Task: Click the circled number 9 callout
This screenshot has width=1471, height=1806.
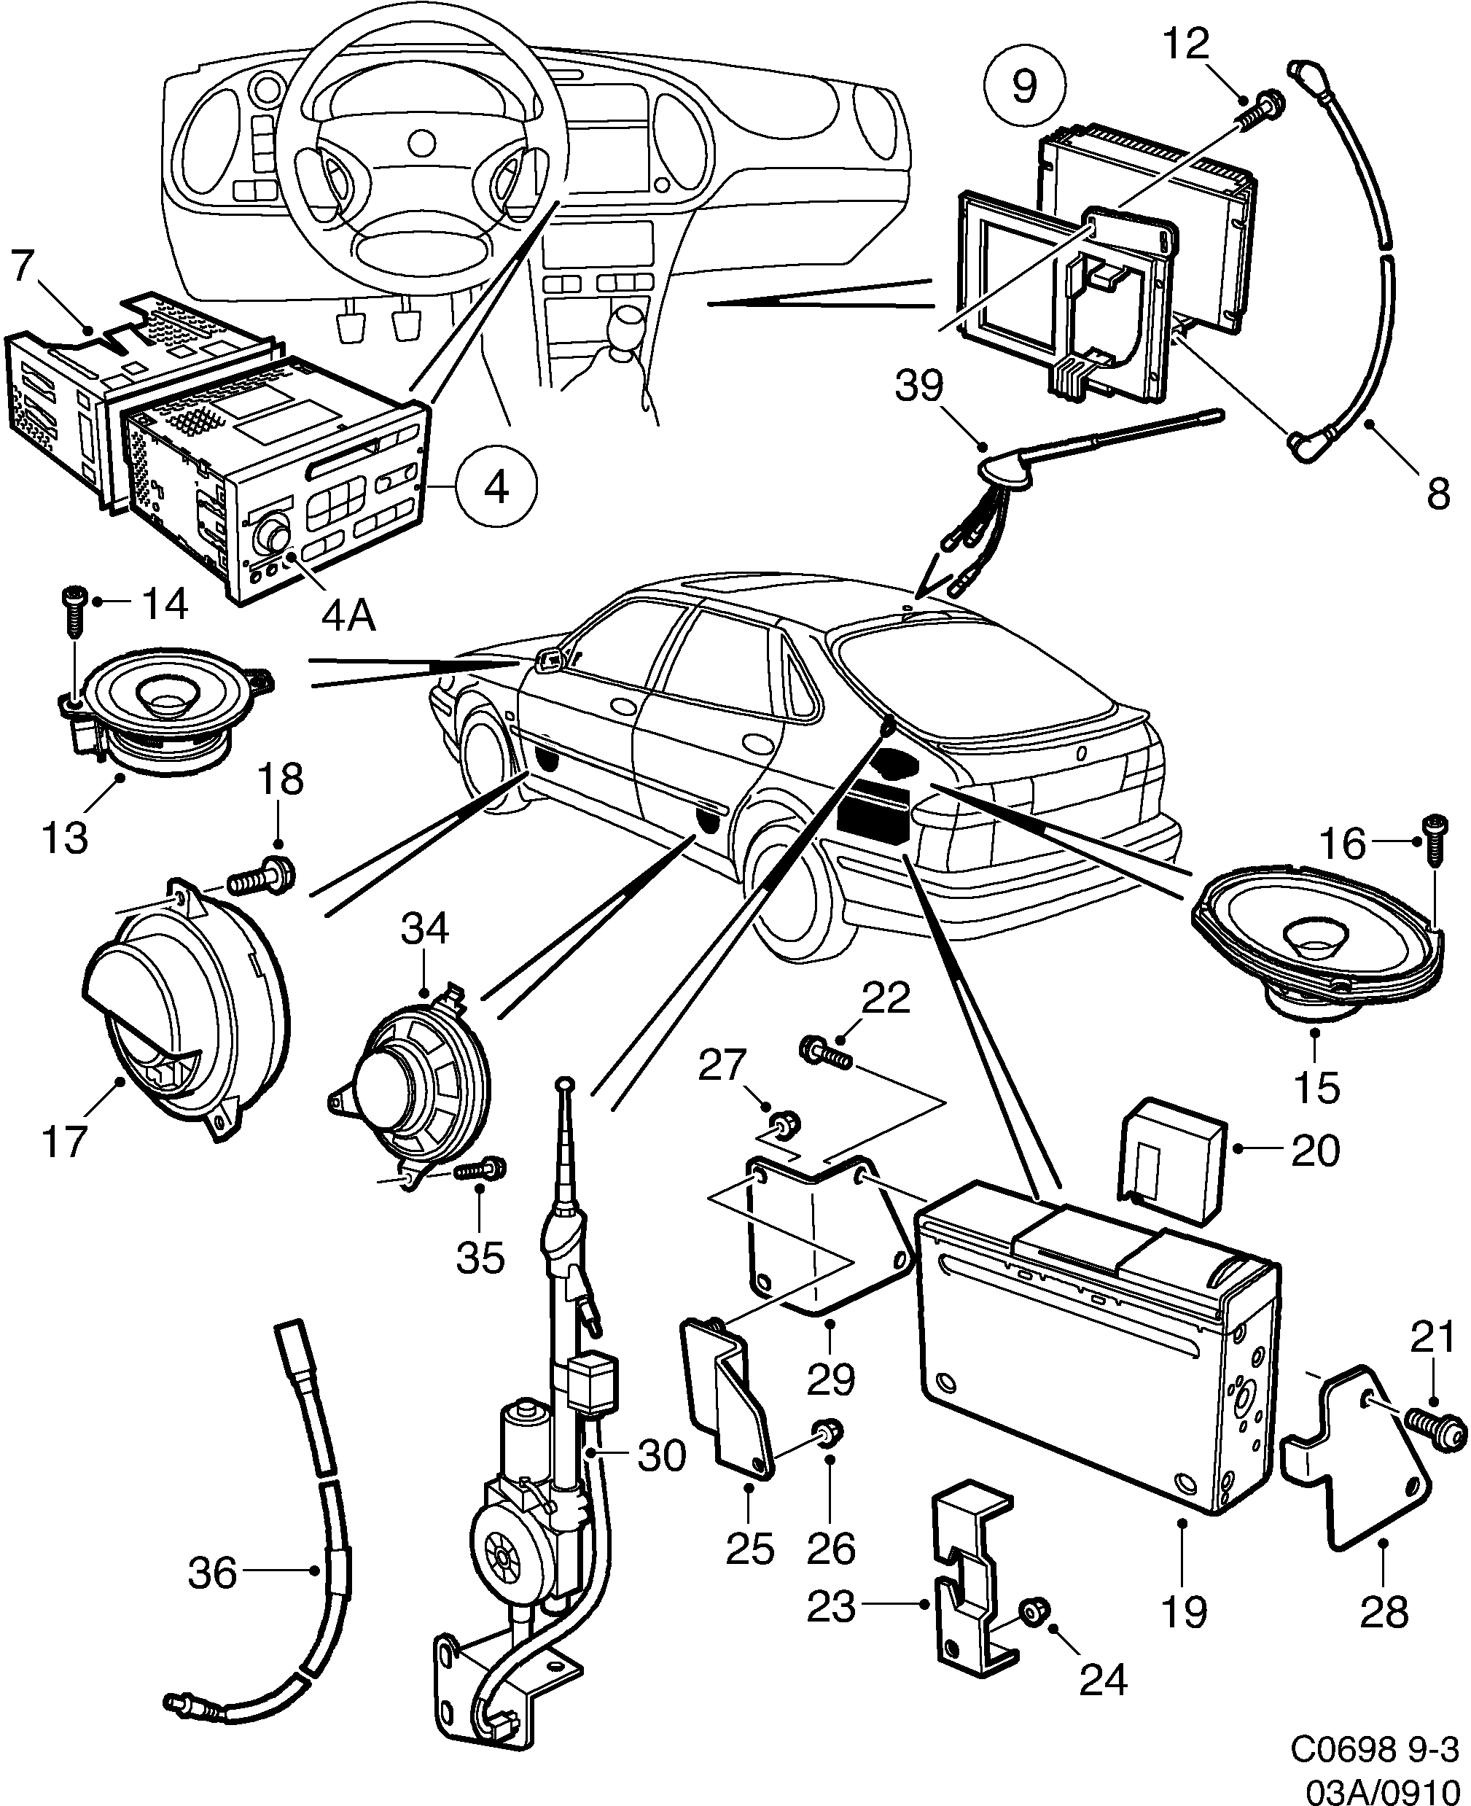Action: (x=1024, y=85)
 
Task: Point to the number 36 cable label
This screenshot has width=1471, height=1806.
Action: (x=213, y=1574)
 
